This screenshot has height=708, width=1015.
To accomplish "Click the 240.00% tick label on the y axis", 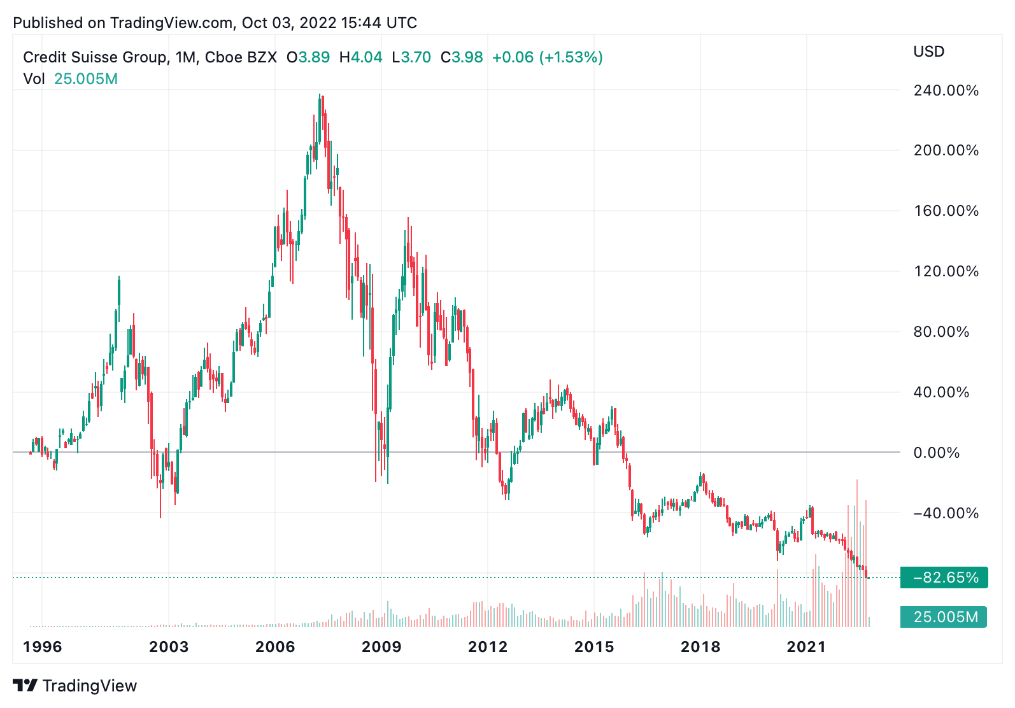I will coord(946,90).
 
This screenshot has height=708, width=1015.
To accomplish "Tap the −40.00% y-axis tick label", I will coord(946,513).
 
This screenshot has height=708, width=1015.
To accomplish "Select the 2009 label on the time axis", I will coord(381,647).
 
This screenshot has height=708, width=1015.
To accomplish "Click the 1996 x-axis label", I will coord(43,647).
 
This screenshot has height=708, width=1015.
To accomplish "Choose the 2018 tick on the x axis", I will coord(700,647).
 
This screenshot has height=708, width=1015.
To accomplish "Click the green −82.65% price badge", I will coord(944,577).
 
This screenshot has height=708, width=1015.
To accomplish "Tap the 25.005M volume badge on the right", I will coord(944,617).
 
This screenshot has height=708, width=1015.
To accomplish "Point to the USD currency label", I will coord(928,52).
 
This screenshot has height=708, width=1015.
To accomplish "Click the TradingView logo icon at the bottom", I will coord(25,686).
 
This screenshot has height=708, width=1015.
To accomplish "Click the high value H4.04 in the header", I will coord(361,57).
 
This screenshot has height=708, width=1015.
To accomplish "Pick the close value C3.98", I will coord(462,57).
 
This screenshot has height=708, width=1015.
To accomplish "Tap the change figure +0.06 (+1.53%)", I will coord(548,57).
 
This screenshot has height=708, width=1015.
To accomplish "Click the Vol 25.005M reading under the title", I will coord(71,79).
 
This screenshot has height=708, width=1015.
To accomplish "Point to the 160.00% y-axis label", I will coord(946,211).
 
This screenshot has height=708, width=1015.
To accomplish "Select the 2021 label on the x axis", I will coord(806,647).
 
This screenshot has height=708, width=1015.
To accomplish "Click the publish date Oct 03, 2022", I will coord(288,23).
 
